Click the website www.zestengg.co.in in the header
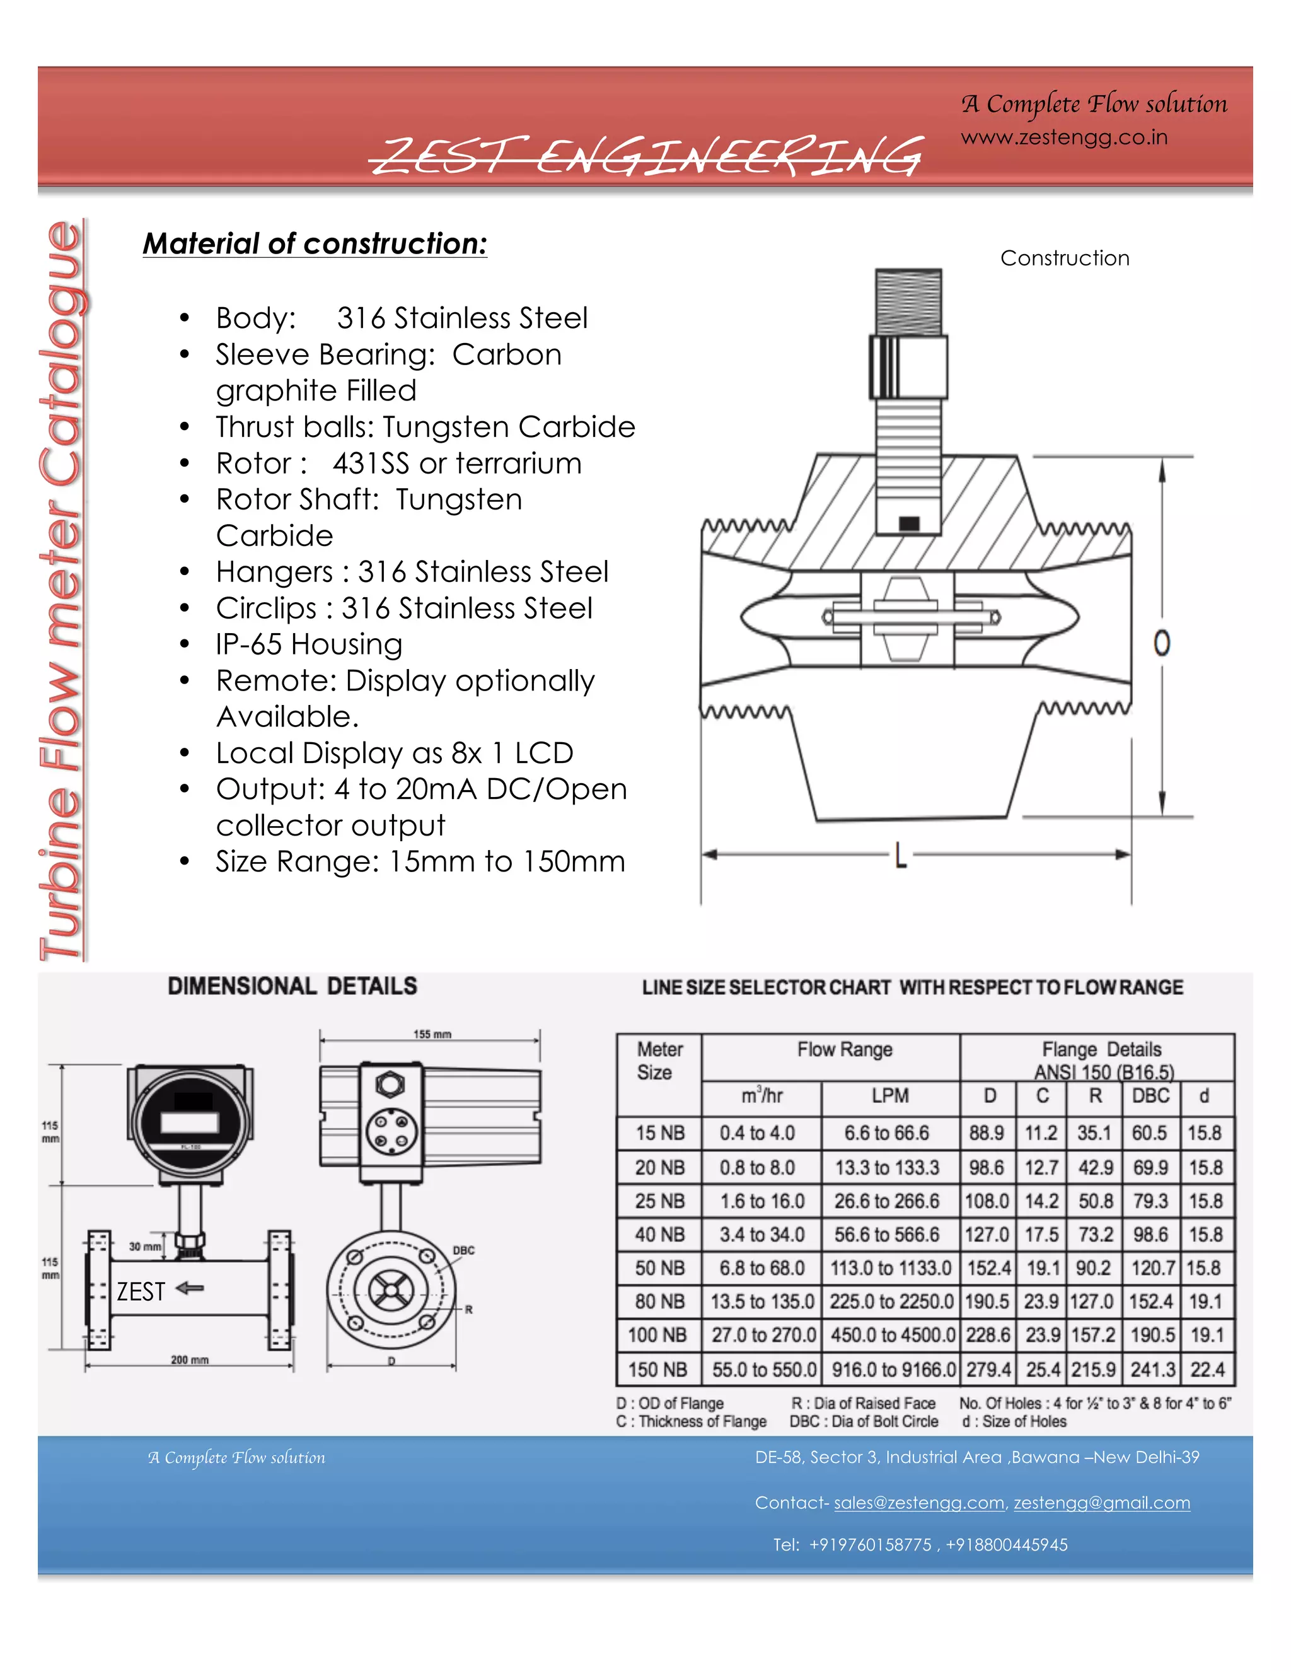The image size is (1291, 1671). (1064, 137)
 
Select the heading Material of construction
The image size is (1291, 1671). (315, 244)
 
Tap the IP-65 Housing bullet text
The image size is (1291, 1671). (309, 644)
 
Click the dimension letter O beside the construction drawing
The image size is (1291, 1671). (1162, 643)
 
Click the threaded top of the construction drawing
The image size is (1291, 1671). (908, 301)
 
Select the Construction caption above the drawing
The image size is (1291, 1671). (1065, 259)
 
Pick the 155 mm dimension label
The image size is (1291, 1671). (432, 1034)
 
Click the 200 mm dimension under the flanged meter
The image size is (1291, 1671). (190, 1360)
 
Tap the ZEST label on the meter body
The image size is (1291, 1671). (141, 1291)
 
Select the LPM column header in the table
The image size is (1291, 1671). (890, 1096)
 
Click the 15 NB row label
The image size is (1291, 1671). (660, 1133)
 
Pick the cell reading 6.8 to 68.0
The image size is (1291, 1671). (761, 1268)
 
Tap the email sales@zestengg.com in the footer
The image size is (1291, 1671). (918, 1503)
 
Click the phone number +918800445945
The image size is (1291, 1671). (1007, 1545)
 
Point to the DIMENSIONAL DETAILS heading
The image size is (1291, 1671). (293, 986)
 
